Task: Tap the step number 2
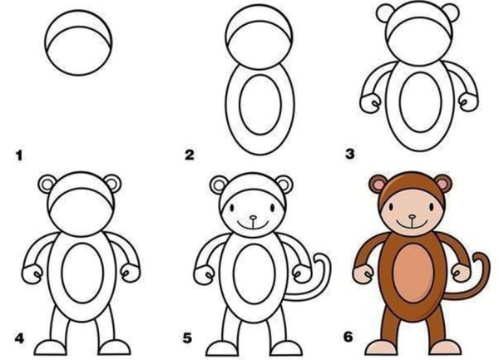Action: point(189,155)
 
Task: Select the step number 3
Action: point(349,155)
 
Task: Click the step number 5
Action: point(189,338)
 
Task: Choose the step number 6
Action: point(349,338)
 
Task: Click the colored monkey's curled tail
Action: point(483,274)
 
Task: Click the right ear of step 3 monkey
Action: point(448,13)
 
